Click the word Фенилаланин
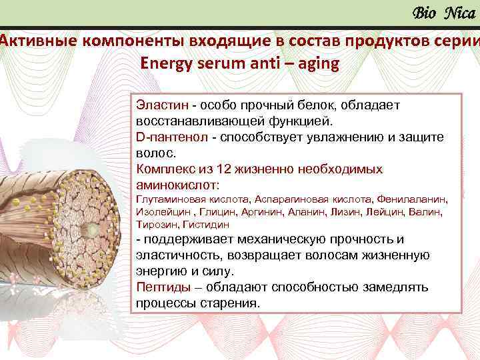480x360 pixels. pos(412,199)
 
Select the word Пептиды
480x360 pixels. pos(161,287)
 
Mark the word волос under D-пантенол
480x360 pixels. pos(152,153)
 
